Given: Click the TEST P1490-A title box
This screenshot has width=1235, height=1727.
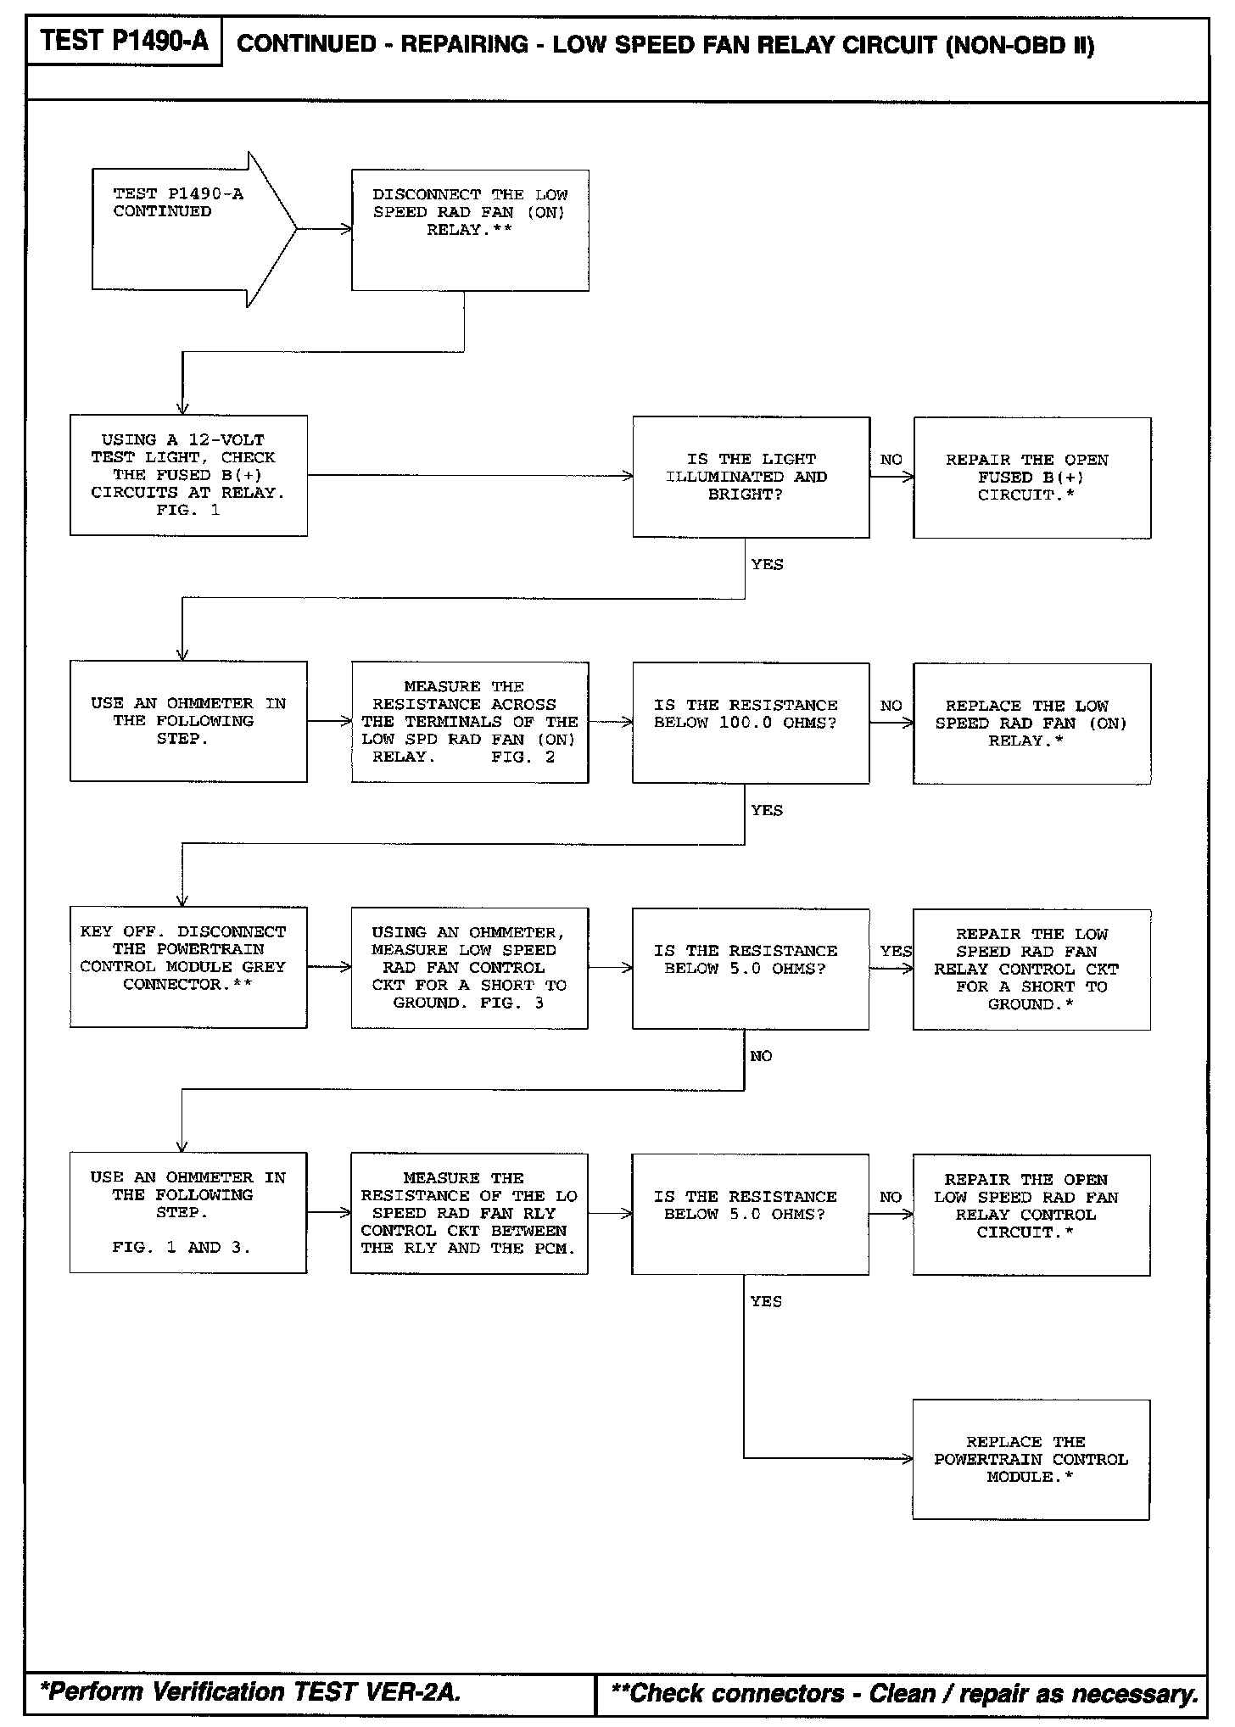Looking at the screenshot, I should [124, 42].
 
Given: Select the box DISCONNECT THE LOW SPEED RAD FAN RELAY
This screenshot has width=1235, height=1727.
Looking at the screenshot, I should [470, 230].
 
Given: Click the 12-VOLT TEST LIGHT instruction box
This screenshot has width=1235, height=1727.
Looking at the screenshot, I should [188, 475].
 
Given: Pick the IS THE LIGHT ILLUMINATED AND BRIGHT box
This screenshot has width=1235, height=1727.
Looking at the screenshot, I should [751, 477].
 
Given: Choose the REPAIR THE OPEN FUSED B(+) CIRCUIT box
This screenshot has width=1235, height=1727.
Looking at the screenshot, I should [1031, 478].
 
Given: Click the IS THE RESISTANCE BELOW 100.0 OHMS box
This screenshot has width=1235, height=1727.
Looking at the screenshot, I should [751, 723].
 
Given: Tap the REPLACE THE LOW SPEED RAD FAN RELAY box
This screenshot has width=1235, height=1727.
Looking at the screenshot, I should [1031, 724].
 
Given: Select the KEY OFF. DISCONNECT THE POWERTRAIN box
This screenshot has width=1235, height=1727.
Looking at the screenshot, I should [188, 967].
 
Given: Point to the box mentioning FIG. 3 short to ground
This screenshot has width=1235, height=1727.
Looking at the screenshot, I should [469, 968].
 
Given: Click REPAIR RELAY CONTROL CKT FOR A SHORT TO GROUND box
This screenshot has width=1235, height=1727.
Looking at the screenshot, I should [1031, 969].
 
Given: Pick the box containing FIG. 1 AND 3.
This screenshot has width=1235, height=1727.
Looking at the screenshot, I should [187, 1212].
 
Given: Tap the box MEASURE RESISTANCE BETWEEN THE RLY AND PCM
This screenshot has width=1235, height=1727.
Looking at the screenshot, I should [469, 1213].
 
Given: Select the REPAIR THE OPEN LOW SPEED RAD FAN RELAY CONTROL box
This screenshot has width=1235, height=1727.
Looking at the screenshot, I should [1031, 1214].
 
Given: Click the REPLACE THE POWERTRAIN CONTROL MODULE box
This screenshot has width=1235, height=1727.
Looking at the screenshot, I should [1031, 1459].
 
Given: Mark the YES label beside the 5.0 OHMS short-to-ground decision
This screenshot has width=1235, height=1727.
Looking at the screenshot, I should [896, 951].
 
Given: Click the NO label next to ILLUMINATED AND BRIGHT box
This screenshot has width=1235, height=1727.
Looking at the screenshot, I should [891, 460].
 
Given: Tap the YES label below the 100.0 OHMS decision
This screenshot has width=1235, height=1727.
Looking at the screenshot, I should [767, 810].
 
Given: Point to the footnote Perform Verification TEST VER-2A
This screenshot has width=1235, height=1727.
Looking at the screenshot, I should [251, 1691].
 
